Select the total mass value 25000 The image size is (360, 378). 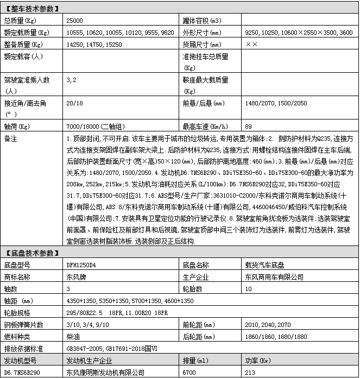click(x=74, y=21)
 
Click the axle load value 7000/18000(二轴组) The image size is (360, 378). click(x=92, y=126)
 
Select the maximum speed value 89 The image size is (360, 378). click(x=249, y=126)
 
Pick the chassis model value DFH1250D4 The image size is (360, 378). click(x=80, y=265)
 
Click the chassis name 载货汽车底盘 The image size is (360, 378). click(x=264, y=265)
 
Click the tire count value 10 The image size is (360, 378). click(x=249, y=289)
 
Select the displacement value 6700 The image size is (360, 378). click(x=190, y=373)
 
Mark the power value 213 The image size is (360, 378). click(x=250, y=373)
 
